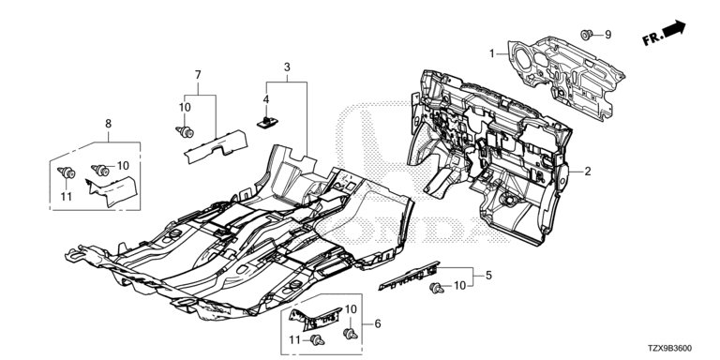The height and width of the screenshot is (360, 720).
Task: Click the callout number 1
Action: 492,53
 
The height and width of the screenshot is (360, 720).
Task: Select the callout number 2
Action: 588,172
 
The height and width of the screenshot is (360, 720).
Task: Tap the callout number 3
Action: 287,67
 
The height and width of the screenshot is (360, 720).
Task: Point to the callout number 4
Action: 266,99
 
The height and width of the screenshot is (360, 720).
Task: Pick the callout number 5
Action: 488,276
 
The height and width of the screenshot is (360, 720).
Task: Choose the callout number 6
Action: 378,324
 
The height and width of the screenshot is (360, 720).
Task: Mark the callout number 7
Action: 198,74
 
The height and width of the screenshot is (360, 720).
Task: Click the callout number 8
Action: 109,124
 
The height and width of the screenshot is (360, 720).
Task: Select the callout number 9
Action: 607,35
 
